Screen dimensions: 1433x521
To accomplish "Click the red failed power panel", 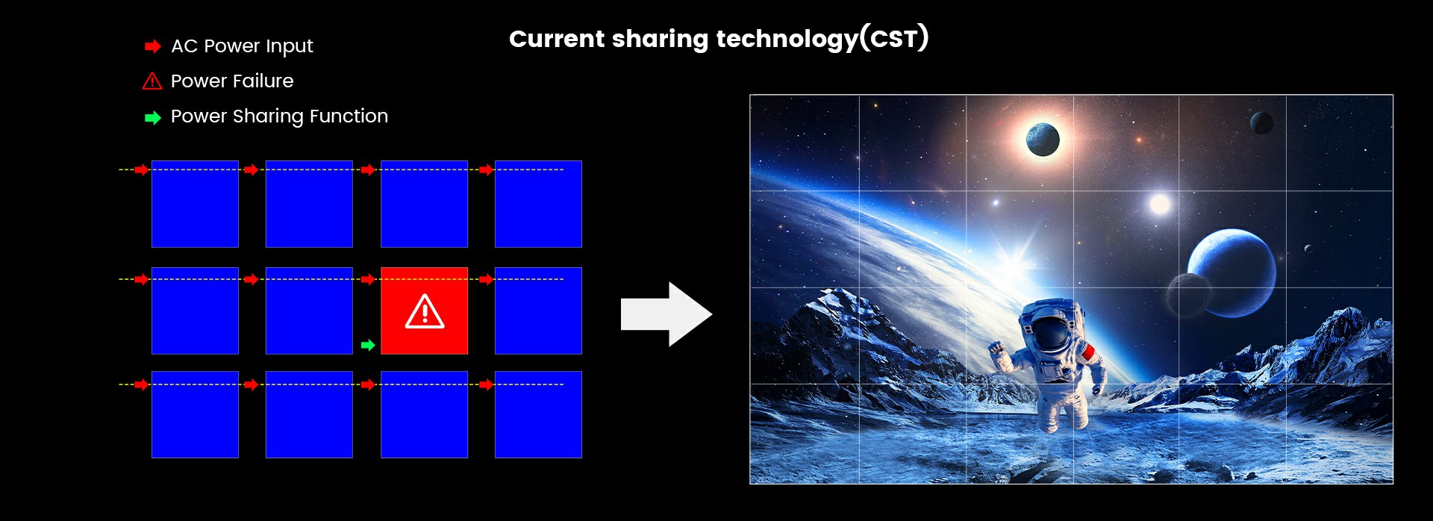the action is click(424, 311).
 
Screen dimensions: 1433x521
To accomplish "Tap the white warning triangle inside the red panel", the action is click(425, 312).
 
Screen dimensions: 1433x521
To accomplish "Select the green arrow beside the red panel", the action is click(368, 345).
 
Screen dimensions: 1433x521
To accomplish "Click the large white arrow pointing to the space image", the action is click(666, 314).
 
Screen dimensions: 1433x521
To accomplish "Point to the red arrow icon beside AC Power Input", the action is click(153, 47).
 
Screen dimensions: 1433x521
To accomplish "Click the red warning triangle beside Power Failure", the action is click(152, 81).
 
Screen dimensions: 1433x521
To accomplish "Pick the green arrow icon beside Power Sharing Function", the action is click(153, 118).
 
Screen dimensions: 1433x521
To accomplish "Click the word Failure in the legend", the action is click(263, 81).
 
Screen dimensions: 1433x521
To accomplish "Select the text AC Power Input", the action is click(242, 46).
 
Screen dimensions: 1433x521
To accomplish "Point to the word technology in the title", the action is click(787, 40).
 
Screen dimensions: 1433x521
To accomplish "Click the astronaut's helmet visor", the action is click(1052, 333).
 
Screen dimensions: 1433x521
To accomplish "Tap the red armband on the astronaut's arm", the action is click(1088, 352).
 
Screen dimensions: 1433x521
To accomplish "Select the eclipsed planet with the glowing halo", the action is click(1043, 140).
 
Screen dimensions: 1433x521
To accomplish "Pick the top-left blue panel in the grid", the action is click(195, 204).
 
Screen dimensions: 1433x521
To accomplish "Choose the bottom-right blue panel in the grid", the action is click(538, 414).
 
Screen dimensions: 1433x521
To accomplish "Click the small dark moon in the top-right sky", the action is click(1261, 122).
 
